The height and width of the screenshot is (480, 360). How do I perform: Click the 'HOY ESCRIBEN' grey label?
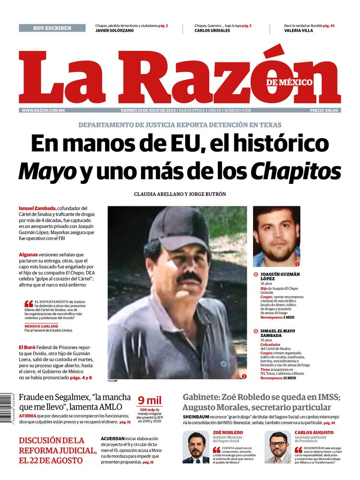52,28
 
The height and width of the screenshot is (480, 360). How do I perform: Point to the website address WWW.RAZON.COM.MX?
43,110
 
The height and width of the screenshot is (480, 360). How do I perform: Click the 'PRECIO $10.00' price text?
324,110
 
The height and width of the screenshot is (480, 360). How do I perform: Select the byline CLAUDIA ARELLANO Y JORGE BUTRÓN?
180,194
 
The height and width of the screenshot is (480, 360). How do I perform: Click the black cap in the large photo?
179,227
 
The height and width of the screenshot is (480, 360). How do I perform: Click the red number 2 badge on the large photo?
244,376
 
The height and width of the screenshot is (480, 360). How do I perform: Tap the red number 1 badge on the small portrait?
297,264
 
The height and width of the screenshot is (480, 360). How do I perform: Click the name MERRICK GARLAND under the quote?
41,326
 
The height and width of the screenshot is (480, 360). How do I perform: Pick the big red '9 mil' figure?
150,400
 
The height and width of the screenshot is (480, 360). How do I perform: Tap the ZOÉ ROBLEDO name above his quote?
228,432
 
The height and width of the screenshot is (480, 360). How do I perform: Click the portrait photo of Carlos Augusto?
277,446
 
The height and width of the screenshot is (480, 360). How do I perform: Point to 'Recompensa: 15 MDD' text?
278,378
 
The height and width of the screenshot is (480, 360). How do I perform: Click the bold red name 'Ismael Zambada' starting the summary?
37,208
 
